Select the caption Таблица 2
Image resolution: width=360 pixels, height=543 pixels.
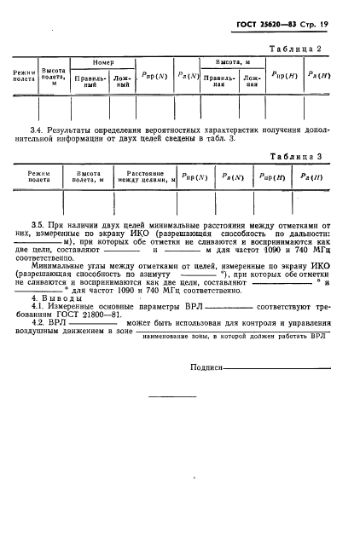[317, 50]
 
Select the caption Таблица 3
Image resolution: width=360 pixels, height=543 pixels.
[317, 157]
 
